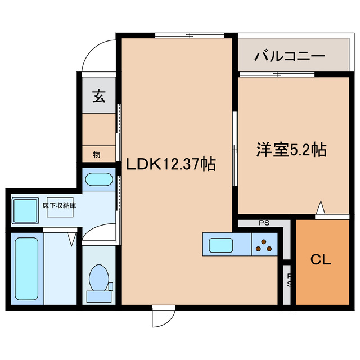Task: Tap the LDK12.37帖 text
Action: (x=170, y=164)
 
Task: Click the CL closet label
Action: (x=322, y=260)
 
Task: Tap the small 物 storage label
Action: (x=96, y=154)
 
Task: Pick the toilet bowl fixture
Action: (x=99, y=280)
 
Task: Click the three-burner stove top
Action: (x=264, y=245)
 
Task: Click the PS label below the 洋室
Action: (x=264, y=223)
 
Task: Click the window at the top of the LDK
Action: (x=190, y=36)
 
